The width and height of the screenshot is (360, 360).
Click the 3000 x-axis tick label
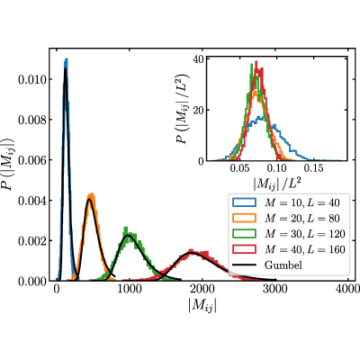275,289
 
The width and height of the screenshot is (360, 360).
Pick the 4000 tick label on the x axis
348,289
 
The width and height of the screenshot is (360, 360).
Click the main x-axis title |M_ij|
202,306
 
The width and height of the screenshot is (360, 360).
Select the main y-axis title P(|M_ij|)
7,165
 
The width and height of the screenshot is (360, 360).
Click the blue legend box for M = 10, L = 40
244,202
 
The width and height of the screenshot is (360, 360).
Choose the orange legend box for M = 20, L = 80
244,218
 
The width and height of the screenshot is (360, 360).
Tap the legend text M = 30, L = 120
305,234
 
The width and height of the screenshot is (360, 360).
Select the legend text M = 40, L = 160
305,249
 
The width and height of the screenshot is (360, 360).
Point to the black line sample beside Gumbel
244,265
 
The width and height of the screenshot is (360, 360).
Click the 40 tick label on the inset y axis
199,58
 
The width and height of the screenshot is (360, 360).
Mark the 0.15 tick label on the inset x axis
313,168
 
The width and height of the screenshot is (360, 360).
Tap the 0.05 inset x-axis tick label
240,168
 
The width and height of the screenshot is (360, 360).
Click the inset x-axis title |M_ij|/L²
277,184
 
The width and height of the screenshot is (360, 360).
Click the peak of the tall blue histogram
66,59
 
